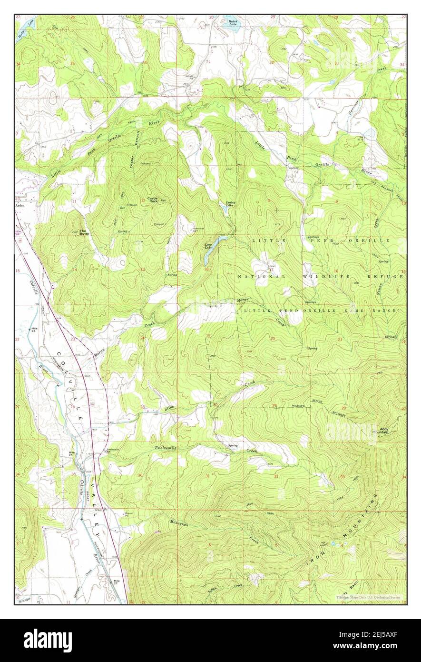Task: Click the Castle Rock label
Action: (x=153, y=200)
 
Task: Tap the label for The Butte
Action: (x=84, y=232)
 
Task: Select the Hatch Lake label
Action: (x=233, y=22)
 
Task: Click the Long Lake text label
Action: (x=208, y=246)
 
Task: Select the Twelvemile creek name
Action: (x=165, y=448)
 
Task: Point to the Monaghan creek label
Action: (x=178, y=523)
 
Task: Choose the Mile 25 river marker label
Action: (x=72, y=453)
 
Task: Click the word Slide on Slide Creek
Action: (x=169, y=409)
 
